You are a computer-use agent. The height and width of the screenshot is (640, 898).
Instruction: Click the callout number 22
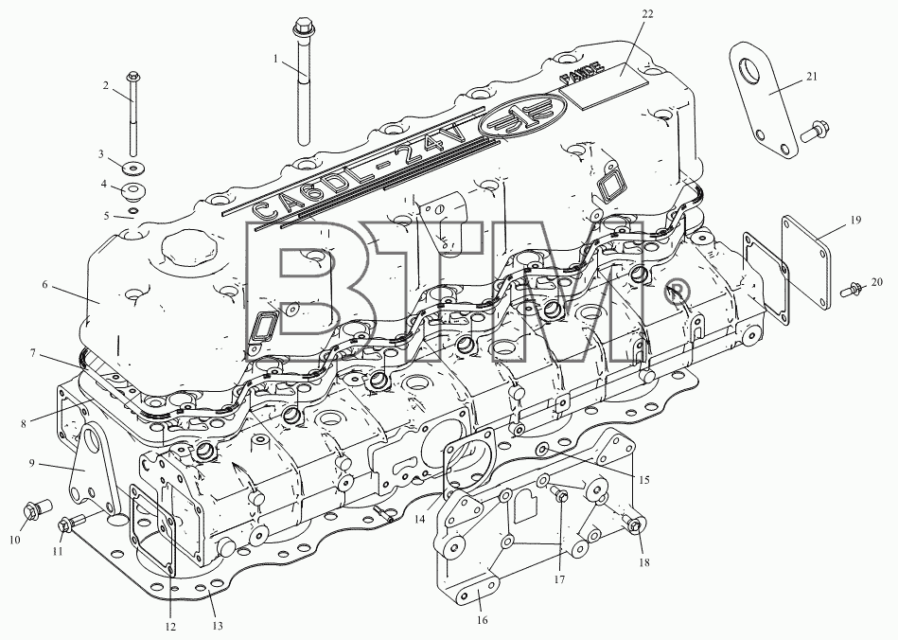(647, 14)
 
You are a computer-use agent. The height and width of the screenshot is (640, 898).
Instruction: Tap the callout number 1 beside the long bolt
(275, 59)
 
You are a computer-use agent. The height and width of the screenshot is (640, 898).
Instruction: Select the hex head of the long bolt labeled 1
(301, 26)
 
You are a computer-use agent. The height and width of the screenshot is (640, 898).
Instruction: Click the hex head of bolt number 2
(133, 76)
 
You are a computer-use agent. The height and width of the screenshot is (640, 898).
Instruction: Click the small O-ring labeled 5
(132, 212)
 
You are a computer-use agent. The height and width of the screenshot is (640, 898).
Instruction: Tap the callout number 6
(45, 284)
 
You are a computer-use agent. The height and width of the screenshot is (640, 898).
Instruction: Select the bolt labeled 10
(36, 509)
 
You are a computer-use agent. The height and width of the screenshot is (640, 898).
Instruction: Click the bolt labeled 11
(72, 523)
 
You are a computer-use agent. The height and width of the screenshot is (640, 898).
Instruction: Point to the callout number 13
(218, 626)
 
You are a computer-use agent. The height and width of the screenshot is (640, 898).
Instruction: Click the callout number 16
(482, 620)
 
